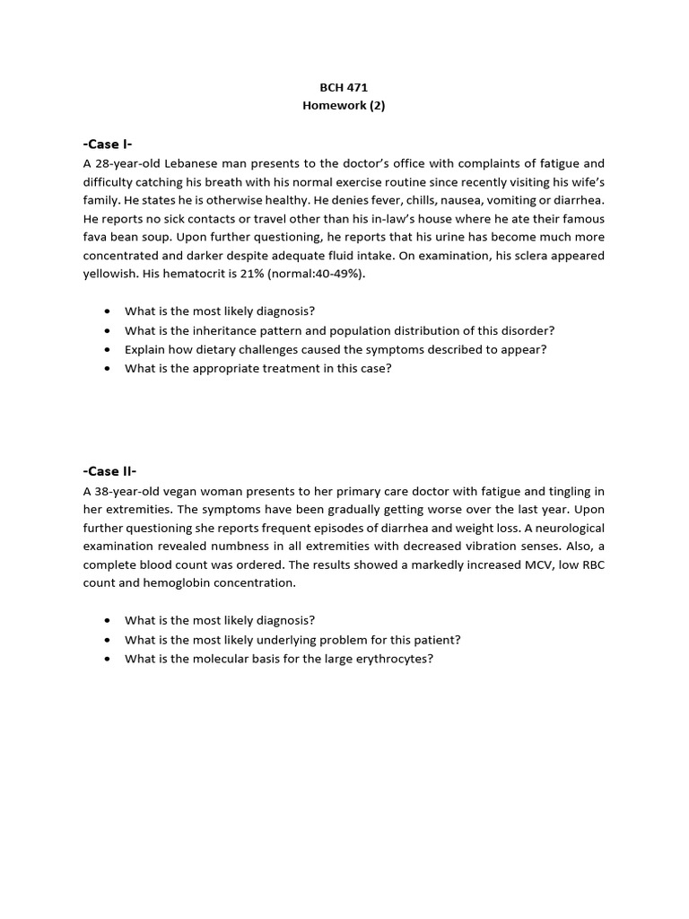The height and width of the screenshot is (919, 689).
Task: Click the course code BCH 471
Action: click(344, 87)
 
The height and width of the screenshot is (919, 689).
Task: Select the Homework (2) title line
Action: click(344, 105)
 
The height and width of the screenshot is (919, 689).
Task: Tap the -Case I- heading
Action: click(108, 144)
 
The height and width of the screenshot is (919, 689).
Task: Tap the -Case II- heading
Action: click(109, 471)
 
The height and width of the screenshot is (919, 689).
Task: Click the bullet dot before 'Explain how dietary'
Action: click(108, 350)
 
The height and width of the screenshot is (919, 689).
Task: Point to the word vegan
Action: click(187, 491)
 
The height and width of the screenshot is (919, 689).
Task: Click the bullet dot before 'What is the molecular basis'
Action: click(108, 660)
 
